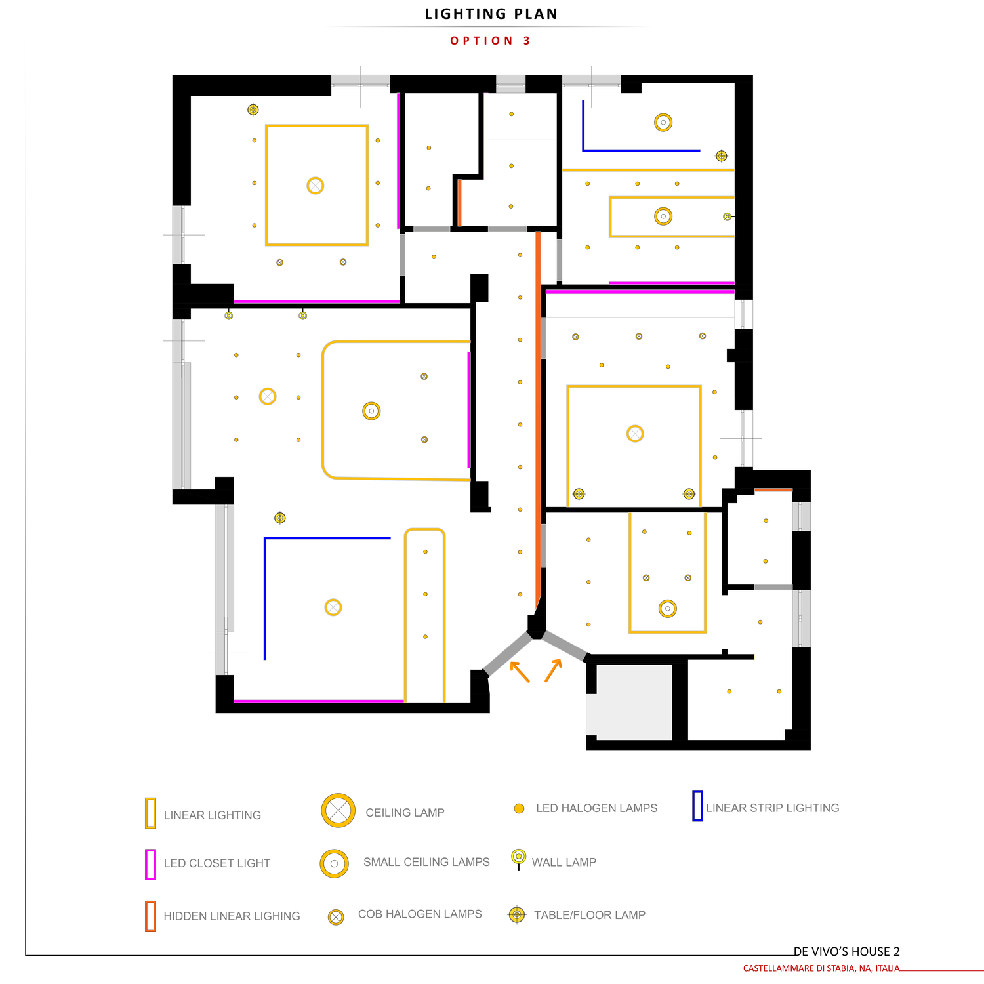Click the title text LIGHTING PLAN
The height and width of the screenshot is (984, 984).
point(491,14)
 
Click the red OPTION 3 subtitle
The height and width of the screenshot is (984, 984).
point(491,41)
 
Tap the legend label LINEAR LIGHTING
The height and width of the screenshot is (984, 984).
point(213,815)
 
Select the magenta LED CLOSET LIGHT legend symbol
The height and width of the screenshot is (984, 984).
point(150,865)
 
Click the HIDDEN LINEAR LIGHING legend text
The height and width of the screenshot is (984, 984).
point(232,916)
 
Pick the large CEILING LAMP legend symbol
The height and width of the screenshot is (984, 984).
point(338,810)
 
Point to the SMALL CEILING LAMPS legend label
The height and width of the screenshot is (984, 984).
point(426,862)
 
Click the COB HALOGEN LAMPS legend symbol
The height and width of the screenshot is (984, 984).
point(336,917)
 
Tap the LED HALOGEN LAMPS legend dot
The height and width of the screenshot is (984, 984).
point(519,809)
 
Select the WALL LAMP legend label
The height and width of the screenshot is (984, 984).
point(564,863)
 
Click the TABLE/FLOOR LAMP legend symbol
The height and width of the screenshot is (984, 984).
point(517,914)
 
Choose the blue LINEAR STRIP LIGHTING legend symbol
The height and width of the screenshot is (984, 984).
point(697,806)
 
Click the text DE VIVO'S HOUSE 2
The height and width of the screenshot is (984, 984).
point(846,952)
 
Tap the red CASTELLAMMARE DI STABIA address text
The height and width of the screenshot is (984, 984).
point(821,968)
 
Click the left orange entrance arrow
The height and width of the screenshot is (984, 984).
point(520,672)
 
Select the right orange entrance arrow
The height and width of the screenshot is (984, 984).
point(554,670)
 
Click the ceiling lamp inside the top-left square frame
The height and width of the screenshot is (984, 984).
point(316,186)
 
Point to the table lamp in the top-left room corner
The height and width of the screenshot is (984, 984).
point(253,110)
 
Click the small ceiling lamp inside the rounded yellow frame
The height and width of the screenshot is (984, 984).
point(371,411)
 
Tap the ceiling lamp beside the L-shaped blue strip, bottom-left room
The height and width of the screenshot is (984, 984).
point(333,607)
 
